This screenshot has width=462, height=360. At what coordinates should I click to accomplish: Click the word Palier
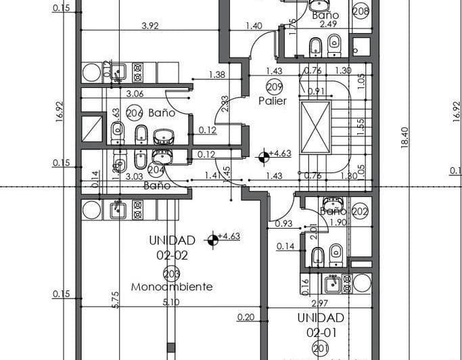273,100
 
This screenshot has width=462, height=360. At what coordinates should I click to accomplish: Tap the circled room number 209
274,87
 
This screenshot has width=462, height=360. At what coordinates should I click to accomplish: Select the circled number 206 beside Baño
135,113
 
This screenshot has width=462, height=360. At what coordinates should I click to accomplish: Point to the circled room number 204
156,171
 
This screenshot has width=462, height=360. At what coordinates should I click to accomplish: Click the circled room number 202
360,210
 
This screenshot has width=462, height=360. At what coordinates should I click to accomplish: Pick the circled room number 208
361,11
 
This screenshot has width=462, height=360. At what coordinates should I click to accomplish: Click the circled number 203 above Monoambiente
172,273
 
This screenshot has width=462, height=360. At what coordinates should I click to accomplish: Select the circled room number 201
321,348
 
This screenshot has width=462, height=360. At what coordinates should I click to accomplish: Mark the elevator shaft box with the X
315,127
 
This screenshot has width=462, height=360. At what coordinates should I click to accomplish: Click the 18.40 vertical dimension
405,139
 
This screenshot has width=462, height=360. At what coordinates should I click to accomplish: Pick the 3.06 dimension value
135,94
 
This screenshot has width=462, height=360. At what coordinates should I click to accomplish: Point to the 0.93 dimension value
283,223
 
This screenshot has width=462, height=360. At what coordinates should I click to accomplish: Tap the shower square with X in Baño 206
91,129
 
